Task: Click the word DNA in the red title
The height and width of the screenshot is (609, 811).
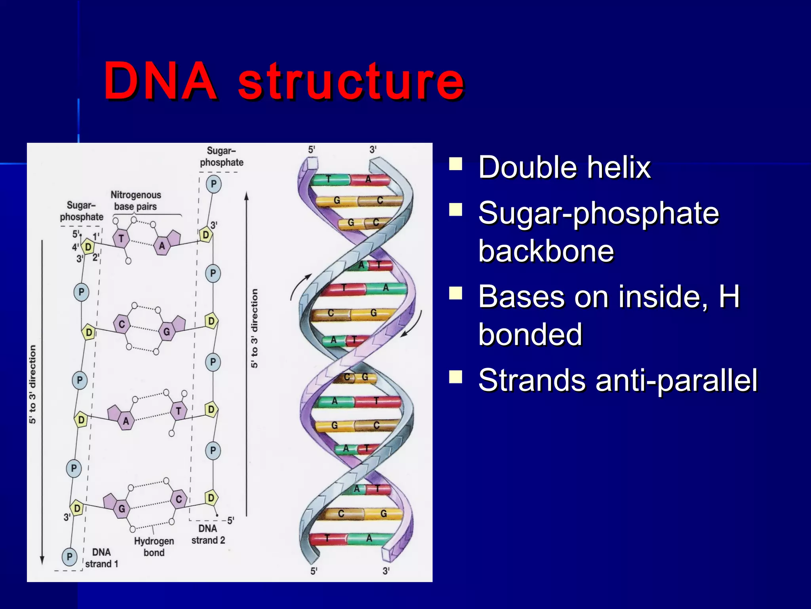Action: coord(160,81)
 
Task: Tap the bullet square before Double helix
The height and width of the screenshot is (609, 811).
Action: coord(456,164)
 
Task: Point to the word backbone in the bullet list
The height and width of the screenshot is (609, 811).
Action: coord(546,251)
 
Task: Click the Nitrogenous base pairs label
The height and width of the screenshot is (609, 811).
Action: coord(135,201)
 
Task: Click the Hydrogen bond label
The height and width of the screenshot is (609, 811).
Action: coord(154,546)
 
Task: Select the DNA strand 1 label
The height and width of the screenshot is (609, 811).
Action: coord(101,558)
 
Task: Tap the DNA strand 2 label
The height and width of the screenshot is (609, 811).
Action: coord(208,534)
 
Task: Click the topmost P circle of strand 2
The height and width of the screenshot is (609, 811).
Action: coord(213,184)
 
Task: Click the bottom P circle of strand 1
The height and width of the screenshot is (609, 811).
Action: coord(70,556)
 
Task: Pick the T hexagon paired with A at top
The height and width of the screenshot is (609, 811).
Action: coord(121,238)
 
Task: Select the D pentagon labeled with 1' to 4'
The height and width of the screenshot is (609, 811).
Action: coord(88,247)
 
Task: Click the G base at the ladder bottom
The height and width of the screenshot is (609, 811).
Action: coord(121,509)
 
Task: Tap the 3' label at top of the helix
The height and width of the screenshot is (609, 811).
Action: coord(373,150)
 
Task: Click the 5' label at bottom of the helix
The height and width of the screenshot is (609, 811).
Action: coord(314,571)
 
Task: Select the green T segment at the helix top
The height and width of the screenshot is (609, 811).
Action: coord(329,180)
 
